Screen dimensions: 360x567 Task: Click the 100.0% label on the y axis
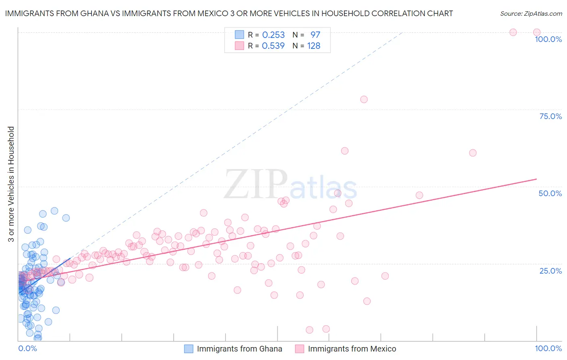coord(548,39)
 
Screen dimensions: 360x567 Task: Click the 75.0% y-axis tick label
coord(550,116)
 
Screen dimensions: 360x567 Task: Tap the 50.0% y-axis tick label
coord(550,193)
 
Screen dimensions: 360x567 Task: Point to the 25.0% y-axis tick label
coord(550,271)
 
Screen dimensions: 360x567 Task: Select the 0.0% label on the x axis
coord(27,348)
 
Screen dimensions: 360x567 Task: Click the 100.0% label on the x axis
coord(548,348)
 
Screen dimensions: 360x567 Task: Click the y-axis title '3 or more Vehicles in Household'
coord(11,184)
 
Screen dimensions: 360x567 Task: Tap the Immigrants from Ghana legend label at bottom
coord(239,349)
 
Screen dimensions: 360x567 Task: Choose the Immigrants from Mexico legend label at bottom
coord(352,349)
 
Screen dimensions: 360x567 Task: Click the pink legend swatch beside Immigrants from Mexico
coord(299,349)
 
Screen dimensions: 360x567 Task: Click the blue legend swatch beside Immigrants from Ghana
coord(188,349)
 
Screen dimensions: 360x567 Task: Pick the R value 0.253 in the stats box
coord(273,35)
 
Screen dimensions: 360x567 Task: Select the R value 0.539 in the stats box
coord(273,46)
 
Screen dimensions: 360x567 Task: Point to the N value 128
coord(314,46)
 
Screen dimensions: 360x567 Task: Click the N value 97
coord(315,35)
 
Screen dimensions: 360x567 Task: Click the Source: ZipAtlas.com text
coord(531,13)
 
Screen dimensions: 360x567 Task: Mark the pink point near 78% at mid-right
coord(364,99)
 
